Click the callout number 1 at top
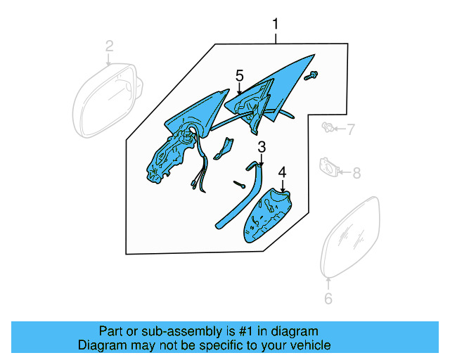click(276, 25)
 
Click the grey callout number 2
click(109, 46)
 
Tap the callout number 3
click(262, 147)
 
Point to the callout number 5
click(240, 75)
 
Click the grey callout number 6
click(328, 299)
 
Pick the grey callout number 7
click(350, 129)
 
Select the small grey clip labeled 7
click(328, 127)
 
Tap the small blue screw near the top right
click(313, 75)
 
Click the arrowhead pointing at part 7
click(336, 129)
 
